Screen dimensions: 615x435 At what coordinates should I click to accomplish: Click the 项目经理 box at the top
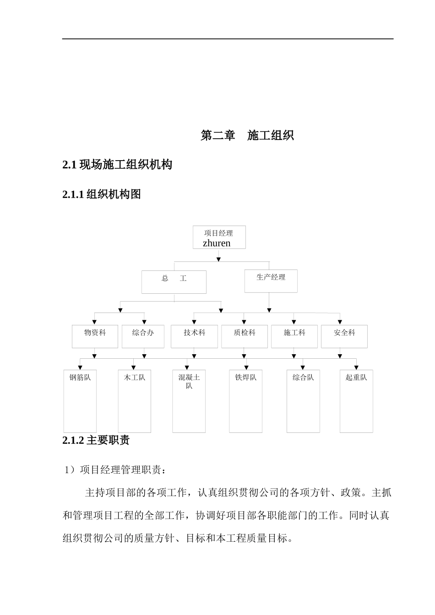219,237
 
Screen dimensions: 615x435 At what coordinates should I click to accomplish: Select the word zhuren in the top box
217,243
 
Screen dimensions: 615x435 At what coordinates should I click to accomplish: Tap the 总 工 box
174,282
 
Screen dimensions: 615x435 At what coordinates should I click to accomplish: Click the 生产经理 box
271,281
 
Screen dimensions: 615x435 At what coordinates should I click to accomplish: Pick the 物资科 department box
95,336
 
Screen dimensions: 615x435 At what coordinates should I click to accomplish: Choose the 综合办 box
143,336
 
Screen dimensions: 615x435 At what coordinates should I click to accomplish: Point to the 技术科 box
194,336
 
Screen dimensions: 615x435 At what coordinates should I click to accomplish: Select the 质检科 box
245,336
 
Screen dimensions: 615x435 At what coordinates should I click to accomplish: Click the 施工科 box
294,336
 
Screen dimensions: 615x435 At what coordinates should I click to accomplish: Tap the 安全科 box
344,336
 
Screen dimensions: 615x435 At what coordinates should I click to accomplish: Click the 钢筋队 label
80,378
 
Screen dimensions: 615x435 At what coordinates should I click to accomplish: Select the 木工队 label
135,378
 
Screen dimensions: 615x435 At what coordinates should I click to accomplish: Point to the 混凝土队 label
189,381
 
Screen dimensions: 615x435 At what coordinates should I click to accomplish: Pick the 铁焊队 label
246,378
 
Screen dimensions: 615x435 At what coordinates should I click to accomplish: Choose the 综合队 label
303,378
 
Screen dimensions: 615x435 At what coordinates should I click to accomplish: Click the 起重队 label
356,378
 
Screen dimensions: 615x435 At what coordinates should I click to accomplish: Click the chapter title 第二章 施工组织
247,135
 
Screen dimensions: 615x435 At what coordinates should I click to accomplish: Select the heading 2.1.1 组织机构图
102,194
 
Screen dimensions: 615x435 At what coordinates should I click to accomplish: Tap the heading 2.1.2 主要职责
96,440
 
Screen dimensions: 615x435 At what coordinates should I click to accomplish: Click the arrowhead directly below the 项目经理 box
219,259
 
